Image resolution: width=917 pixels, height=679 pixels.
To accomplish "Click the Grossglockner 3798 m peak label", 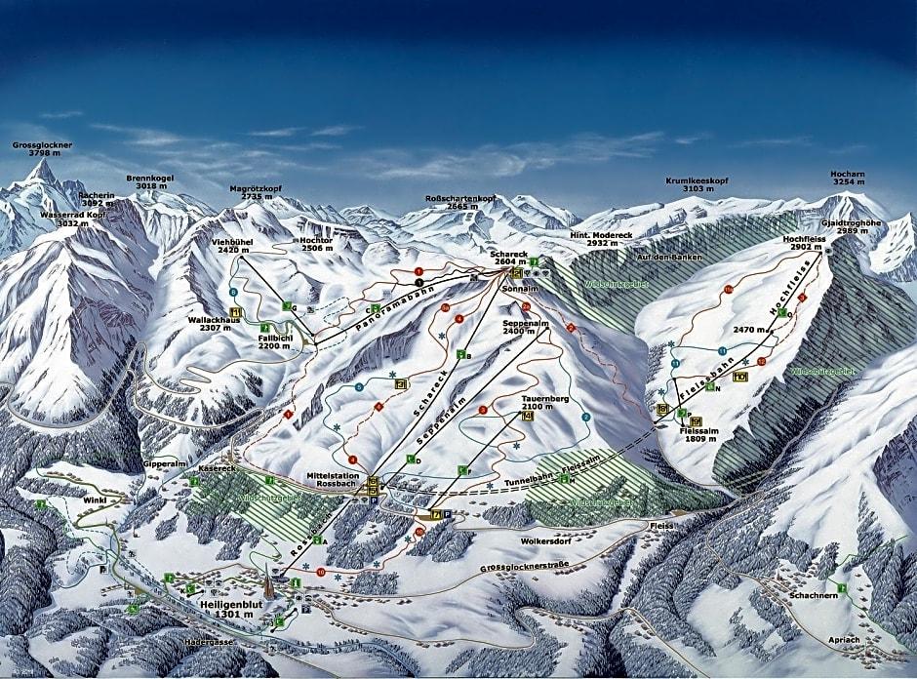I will [x=42, y=149].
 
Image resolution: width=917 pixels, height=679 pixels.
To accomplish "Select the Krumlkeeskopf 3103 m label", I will [x=697, y=185].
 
